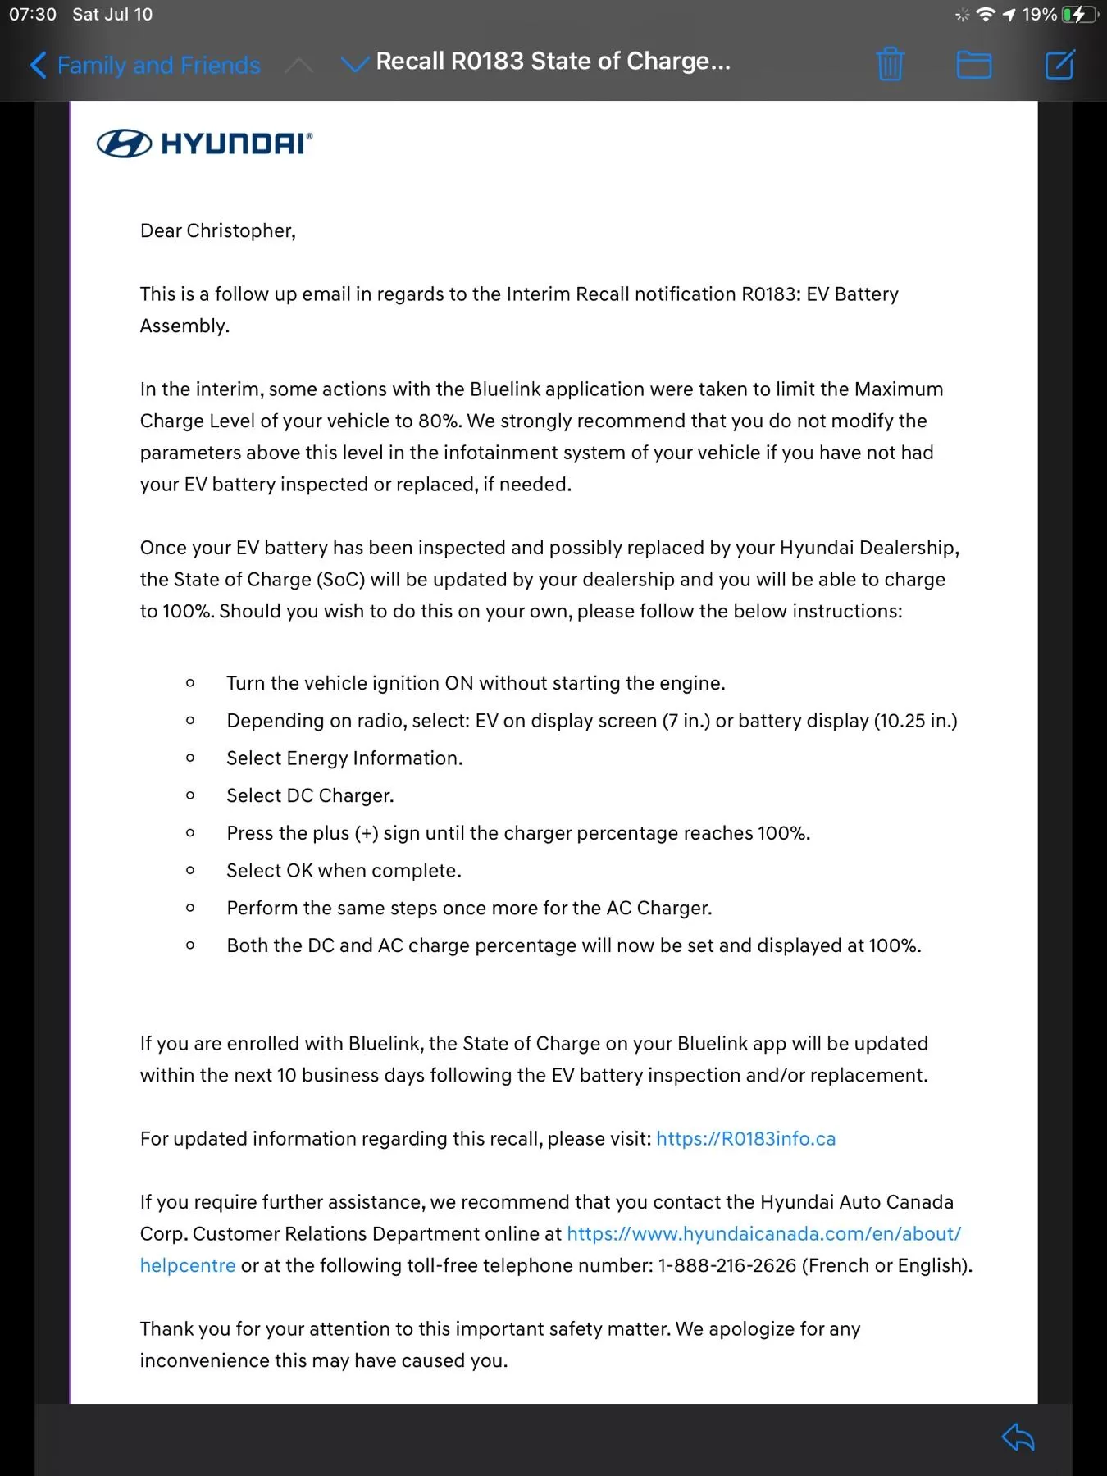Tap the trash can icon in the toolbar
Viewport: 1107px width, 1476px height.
point(890,64)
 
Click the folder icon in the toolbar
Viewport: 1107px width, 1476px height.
point(974,64)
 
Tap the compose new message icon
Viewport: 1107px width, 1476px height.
point(1059,64)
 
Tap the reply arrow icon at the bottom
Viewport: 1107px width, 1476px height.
point(1018,1437)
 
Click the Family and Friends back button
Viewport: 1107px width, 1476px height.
point(146,65)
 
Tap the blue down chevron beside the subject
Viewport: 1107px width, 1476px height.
point(354,64)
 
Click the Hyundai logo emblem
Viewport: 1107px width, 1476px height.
point(124,143)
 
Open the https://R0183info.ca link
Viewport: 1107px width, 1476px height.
point(745,1138)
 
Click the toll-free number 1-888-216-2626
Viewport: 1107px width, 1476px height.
point(727,1265)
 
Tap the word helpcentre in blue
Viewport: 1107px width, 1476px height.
point(188,1265)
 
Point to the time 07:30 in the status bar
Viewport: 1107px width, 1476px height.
point(33,14)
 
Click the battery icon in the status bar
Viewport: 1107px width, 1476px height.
point(1077,14)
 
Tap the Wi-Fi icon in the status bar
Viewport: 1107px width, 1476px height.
point(986,14)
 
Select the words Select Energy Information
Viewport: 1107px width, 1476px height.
point(344,758)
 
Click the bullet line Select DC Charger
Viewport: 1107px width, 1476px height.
point(310,795)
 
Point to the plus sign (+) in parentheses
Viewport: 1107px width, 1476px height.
point(367,833)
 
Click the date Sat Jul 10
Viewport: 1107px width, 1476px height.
point(112,14)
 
